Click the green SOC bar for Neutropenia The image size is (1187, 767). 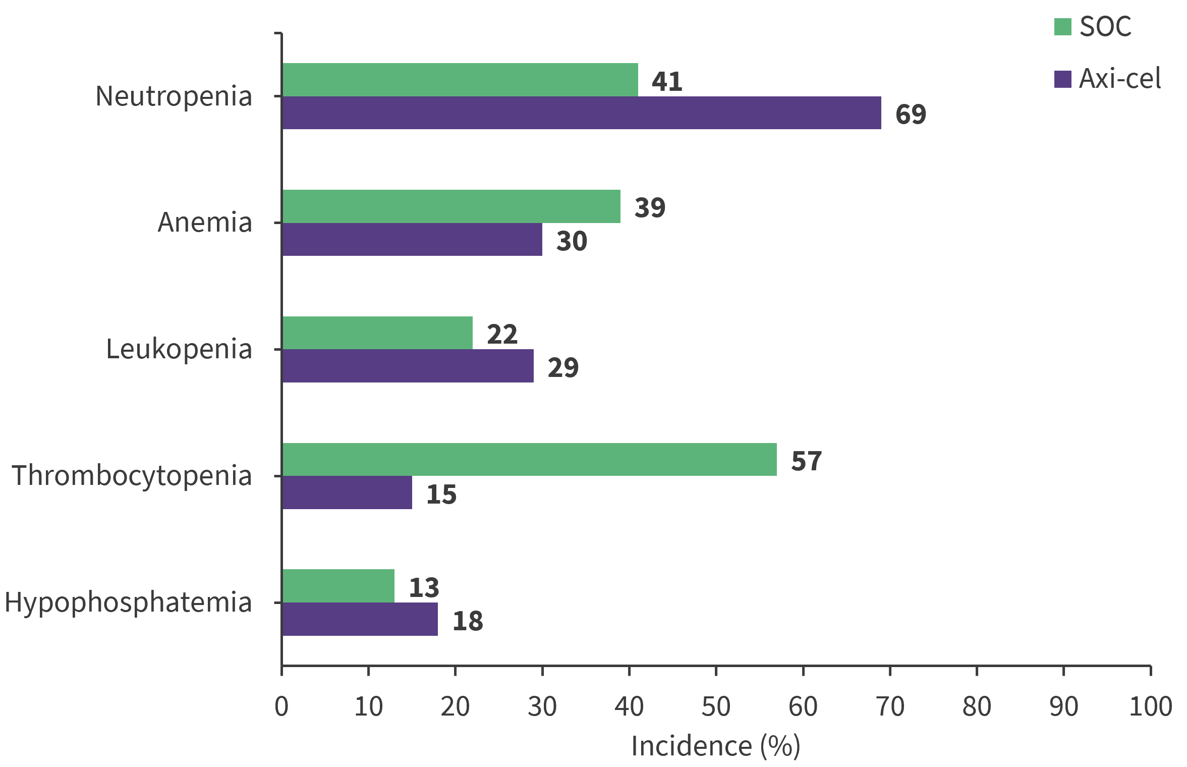coord(460,80)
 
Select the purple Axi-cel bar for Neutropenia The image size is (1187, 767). coord(582,113)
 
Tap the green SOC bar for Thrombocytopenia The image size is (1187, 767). coord(530,459)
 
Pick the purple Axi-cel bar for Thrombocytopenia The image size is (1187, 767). coord(347,492)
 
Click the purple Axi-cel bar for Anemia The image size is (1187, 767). coord(412,239)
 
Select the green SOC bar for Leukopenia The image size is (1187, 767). coord(377,333)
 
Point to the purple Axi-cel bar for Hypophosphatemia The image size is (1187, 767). coord(360,619)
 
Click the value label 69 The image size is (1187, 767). coord(911,114)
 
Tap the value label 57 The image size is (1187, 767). coord(806,461)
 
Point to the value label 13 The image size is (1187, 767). coord(424,587)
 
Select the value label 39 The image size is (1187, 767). coord(650,207)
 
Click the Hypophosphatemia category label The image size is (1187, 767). coord(128,602)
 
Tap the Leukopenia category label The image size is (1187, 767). coord(179,349)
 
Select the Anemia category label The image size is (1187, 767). coord(205,223)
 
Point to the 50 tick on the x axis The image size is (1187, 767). coord(716,706)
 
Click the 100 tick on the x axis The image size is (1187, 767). coord(1150,706)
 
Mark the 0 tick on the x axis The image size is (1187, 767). coord(281,706)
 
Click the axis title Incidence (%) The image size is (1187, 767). coord(715,746)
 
